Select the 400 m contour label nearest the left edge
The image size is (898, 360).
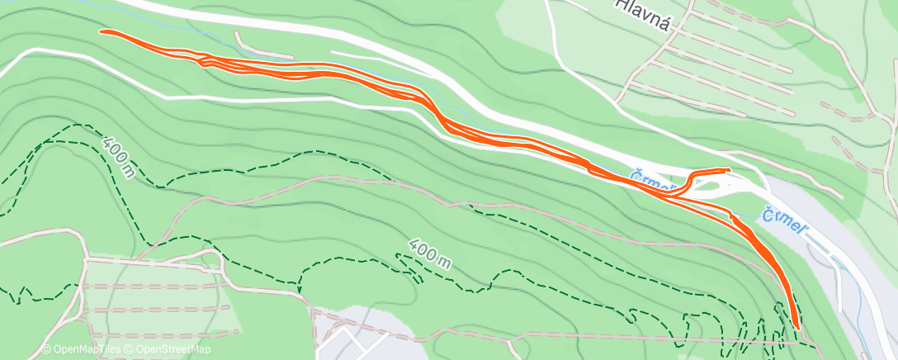[x=119, y=157]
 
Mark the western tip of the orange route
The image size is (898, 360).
[x=102, y=31]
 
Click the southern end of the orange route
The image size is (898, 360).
[x=797, y=327]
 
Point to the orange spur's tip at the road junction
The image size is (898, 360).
[x=728, y=170]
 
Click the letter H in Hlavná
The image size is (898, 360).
[x=621, y=4]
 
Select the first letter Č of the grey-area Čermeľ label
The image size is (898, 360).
[x=768, y=212]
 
